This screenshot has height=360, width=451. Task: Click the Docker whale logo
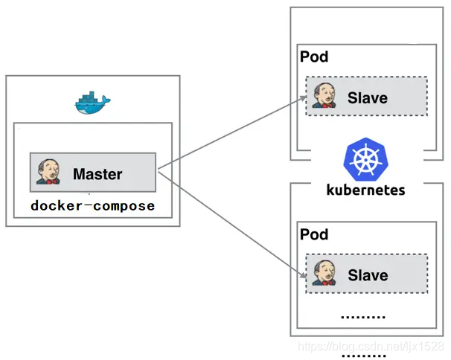(92, 103)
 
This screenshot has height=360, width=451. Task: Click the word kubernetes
(365, 189)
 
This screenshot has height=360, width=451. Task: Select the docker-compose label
(92, 205)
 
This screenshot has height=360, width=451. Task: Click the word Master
(97, 175)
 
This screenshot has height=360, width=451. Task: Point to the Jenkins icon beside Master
(49, 172)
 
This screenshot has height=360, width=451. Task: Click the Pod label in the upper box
(314, 57)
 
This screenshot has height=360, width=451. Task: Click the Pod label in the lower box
(314, 235)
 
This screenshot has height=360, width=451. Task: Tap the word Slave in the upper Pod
(368, 98)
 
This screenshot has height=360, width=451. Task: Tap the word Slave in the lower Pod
(368, 275)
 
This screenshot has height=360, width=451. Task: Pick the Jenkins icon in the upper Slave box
(324, 96)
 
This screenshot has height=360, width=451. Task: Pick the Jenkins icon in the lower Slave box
(324, 273)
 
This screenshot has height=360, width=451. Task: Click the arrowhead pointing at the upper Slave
(303, 98)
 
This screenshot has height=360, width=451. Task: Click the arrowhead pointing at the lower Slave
(303, 277)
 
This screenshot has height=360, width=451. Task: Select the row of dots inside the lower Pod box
(362, 317)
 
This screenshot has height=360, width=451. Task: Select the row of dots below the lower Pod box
(362, 356)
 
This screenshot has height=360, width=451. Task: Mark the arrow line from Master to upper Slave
(231, 134)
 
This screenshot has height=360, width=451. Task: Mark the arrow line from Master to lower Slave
(231, 224)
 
